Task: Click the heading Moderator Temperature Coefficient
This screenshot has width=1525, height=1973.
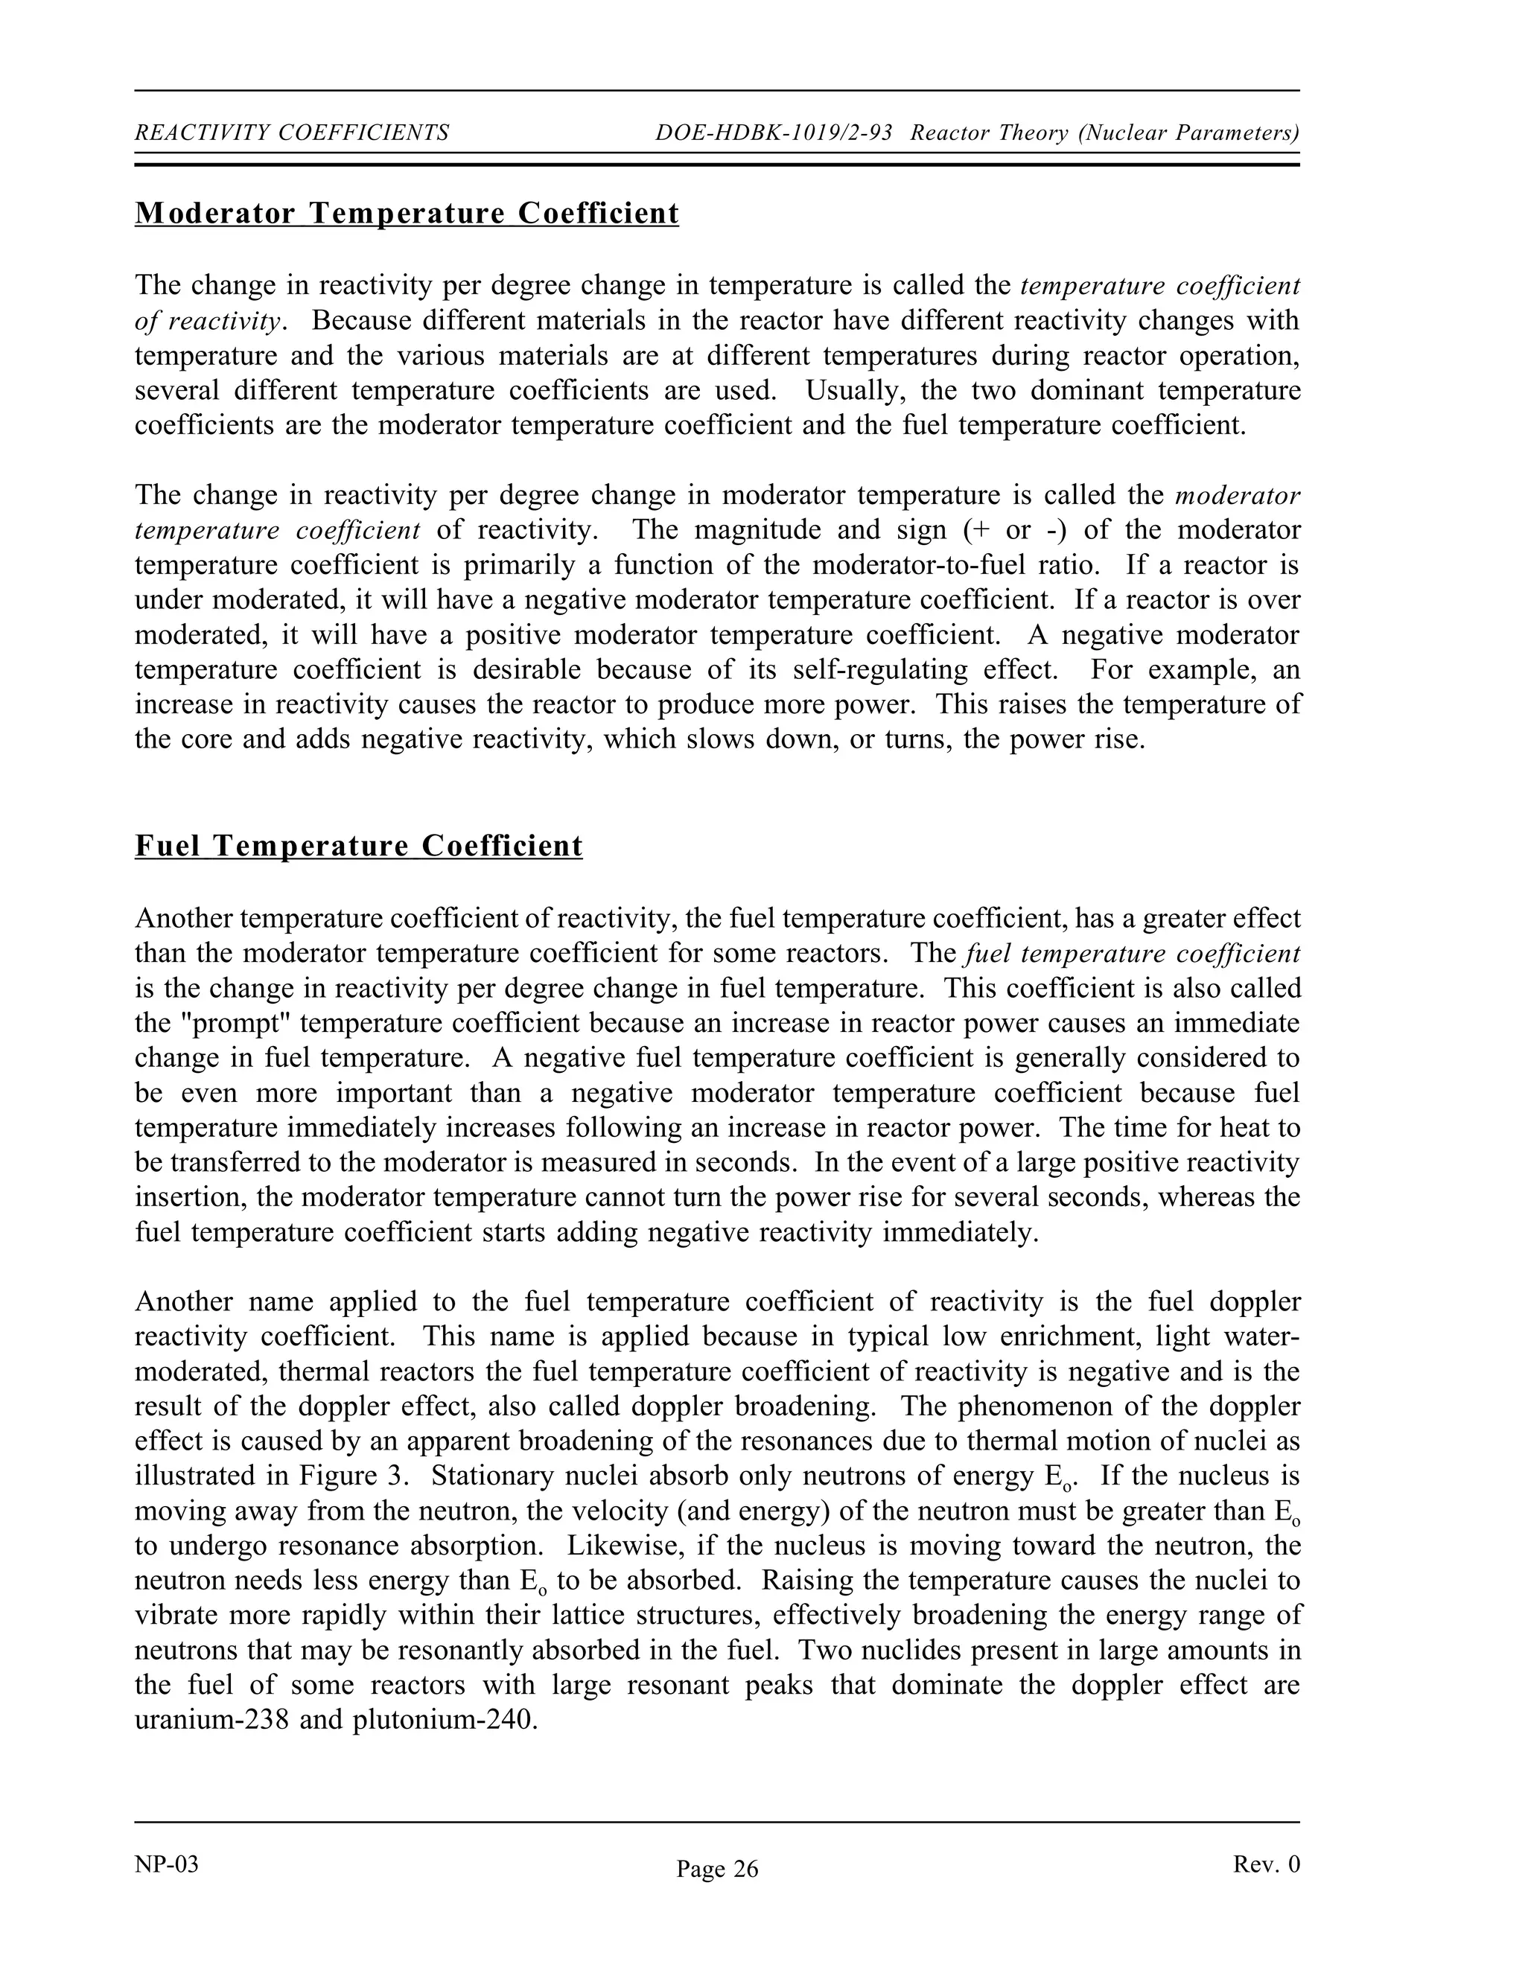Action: [x=407, y=214]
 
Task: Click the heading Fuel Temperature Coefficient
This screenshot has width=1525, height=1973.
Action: [x=359, y=847]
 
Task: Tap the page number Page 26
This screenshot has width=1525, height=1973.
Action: [x=717, y=1869]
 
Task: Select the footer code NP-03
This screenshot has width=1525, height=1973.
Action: [x=166, y=1864]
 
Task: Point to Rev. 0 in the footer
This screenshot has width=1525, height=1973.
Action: [x=1266, y=1864]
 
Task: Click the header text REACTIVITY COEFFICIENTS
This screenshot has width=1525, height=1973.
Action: [x=292, y=134]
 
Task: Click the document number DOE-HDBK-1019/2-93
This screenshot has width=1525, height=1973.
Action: [x=774, y=134]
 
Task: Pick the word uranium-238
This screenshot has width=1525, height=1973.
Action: [x=211, y=1720]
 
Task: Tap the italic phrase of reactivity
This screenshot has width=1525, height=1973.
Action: [x=208, y=322]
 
